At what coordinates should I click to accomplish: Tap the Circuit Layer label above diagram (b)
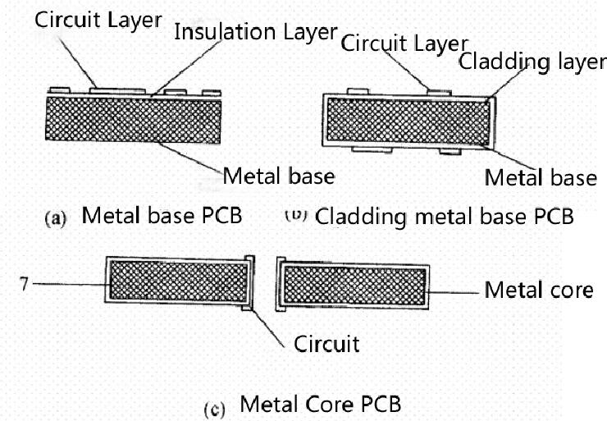(x=404, y=43)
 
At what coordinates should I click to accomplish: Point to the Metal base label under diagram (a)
(x=279, y=175)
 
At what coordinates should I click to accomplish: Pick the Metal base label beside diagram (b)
(x=540, y=176)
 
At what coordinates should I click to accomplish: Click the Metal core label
(x=538, y=290)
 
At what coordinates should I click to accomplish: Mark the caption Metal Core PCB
(x=321, y=404)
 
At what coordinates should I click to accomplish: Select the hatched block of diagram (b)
(x=407, y=121)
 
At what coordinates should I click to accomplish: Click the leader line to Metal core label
(x=453, y=290)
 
